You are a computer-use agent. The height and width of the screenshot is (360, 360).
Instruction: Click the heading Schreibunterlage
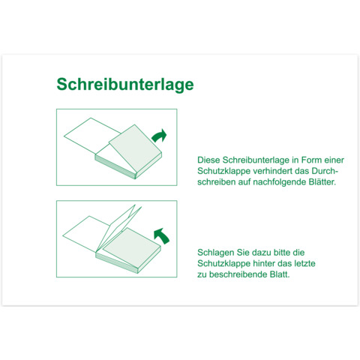(x=125, y=85)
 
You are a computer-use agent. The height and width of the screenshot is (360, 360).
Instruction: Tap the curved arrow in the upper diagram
(x=158, y=136)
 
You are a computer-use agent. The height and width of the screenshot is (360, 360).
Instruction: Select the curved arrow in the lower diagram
(x=162, y=236)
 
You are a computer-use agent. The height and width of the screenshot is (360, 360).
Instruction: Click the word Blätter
(x=322, y=182)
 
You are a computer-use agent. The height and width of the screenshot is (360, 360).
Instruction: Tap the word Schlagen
(x=215, y=253)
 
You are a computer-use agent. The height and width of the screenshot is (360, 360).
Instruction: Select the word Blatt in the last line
(x=280, y=274)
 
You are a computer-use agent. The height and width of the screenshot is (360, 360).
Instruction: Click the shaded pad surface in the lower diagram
(x=132, y=248)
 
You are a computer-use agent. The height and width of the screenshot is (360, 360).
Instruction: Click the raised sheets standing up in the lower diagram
(x=119, y=228)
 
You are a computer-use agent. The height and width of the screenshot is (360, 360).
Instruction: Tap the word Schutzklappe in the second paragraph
(x=223, y=264)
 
